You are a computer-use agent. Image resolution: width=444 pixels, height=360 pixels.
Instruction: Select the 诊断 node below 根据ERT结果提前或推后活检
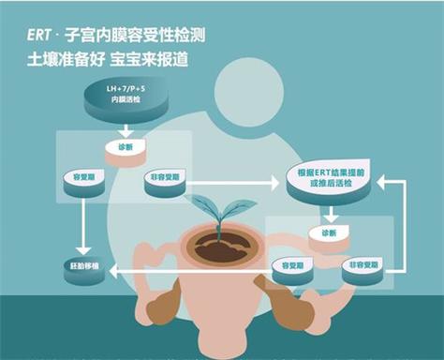point(328,233)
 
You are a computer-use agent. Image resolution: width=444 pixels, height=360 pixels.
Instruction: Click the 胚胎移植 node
point(82,269)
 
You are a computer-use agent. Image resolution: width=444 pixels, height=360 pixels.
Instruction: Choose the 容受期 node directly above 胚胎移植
point(83,179)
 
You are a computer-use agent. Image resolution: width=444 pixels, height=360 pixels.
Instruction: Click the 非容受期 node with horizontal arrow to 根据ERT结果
point(166,179)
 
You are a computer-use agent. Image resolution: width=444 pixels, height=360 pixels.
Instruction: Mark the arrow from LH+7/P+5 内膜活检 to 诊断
point(125,129)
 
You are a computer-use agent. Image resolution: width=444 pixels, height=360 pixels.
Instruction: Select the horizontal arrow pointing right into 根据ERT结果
point(239,180)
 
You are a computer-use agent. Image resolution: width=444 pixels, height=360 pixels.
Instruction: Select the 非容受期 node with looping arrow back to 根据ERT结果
point(362,267)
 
